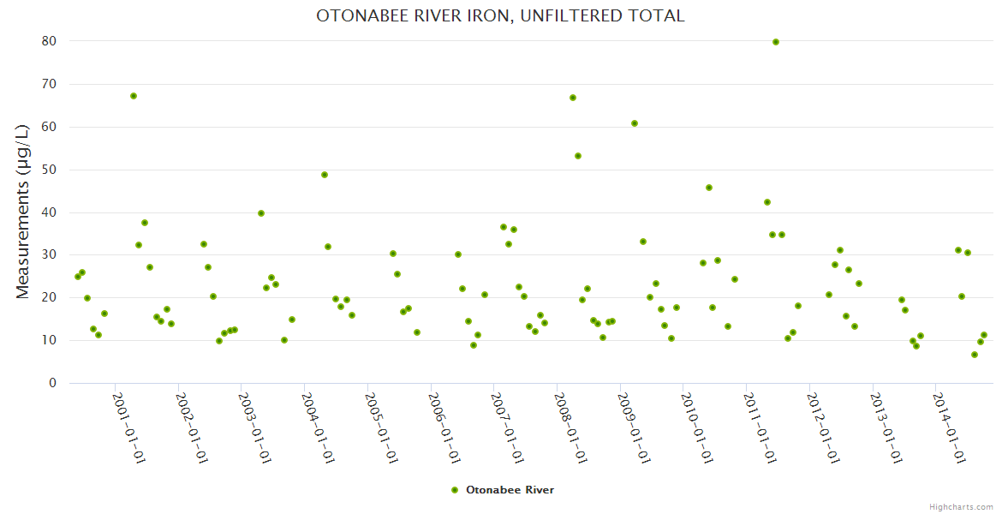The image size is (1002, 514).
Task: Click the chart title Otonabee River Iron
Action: point(500,15)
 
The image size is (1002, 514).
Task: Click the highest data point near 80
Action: point(776,42)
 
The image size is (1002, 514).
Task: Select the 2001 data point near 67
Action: point(134,96)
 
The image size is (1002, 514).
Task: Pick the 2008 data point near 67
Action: point(573,98)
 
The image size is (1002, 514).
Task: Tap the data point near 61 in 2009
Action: point(635,123)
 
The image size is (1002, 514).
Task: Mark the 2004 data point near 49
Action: point(325,175)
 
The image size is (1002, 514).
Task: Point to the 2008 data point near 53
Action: point(578,156)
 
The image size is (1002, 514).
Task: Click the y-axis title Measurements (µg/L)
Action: point(23,211)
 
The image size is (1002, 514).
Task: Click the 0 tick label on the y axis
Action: point(52,383)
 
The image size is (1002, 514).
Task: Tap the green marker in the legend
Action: point(455,490)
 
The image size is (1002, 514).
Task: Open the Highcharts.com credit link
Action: point(961,506)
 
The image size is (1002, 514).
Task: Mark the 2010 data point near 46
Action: point(709,188)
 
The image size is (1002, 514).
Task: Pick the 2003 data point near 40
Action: point(261,213)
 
